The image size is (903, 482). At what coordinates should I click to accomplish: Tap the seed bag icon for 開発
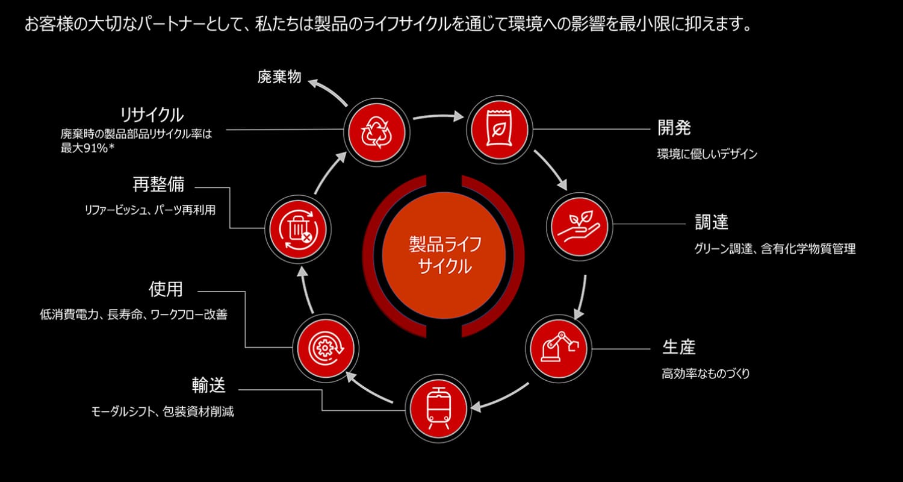(x=500, y=130)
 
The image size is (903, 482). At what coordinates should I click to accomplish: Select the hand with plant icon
(x=579, y=227)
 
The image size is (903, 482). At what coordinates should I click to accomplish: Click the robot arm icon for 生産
(x=558, y=348)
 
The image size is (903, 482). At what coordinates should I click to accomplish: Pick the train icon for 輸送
(x=438, y=408)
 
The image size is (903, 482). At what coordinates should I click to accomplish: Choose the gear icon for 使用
(x=326, y=348)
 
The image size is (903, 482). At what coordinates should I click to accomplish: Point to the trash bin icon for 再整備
(x=298, y=229)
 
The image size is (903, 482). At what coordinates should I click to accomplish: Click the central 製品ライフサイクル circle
(x=444, y=255)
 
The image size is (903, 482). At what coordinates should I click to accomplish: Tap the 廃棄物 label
(x=279, y=77)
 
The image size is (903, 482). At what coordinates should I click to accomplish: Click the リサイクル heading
(x=152, y=115)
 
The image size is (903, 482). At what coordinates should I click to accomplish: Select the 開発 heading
(x=674, y=128)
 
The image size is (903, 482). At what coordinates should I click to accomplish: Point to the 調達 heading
(x=712, y=222)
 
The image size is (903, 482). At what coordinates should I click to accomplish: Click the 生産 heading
(x=679, y=347)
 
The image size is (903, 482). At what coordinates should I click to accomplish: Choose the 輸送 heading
(x=208, y=386)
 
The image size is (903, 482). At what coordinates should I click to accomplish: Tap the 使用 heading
(x=166, y=289)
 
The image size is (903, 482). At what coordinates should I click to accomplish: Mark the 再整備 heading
(x=158, y=184)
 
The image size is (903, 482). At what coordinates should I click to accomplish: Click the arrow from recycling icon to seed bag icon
(x=439, y=116)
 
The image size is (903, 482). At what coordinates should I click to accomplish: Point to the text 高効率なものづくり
(x=706, y=374)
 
